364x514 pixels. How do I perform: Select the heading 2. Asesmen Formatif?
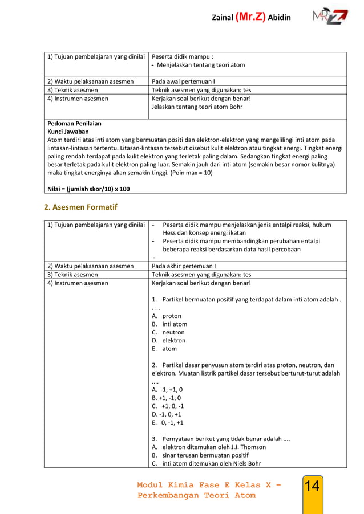(80, 207)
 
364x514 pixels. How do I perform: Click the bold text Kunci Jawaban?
(68, 131)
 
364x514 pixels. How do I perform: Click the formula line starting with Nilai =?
(88, 189)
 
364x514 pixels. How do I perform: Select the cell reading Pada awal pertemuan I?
(183, 81)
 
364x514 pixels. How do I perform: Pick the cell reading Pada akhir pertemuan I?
(183, 266)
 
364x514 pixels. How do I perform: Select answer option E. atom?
(164, 349)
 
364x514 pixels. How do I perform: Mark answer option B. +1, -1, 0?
(167, 398)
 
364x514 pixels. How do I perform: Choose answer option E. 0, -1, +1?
(168, 423)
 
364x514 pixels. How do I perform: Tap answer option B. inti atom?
(169, 324)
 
